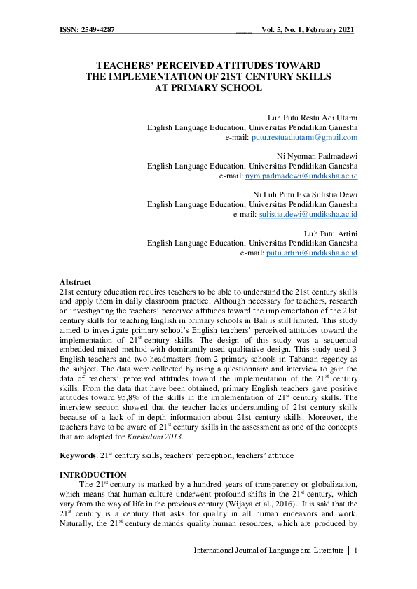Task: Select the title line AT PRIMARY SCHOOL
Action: click(208, 87)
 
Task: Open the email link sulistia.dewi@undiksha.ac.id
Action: click(308, 213)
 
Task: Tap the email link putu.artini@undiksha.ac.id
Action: click(312, 252)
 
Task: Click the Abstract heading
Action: click(75, 281)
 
